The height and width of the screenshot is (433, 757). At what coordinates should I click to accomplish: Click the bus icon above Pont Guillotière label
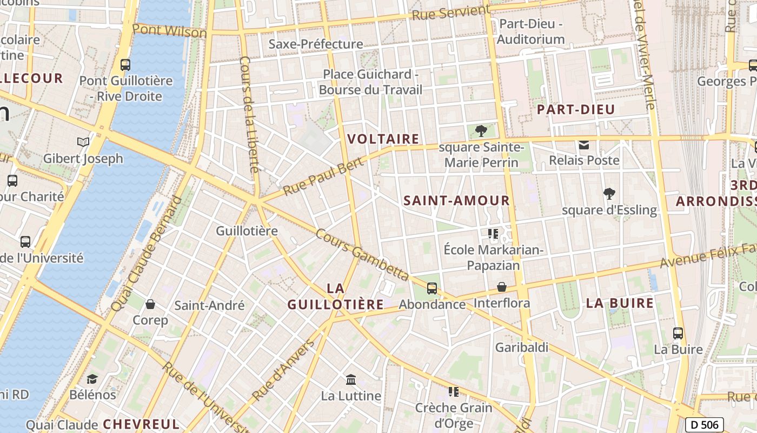click(x=125, y=65)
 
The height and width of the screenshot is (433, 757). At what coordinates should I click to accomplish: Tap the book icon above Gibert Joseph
click(x=83, y=142)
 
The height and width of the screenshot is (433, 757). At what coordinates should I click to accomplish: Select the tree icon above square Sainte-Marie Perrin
click(x=480, y=130)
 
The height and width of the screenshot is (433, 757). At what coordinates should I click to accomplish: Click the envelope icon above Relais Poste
click(x=584, y=145)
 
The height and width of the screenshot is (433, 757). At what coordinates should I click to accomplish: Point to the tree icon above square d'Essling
click(x=609, y=194)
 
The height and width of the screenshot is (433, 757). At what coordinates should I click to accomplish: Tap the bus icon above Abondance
click(x=432, y=288)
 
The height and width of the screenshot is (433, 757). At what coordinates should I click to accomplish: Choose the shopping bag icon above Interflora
click(x=502, y=287)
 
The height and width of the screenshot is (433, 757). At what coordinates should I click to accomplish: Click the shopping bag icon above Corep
click(x=150, y=304)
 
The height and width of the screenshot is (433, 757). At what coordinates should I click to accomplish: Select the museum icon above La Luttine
click(x=351, y=379)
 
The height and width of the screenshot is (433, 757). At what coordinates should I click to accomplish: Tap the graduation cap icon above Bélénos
click(x=92, y=378)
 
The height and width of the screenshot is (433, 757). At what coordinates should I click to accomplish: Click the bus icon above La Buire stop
click(x=678, y=333)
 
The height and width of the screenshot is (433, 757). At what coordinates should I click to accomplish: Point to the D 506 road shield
click(x=704, y=425)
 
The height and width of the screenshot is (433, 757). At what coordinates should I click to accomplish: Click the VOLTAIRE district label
click(x=383, y=139)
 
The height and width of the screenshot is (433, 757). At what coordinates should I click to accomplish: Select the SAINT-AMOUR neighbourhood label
click(x=457, y=201)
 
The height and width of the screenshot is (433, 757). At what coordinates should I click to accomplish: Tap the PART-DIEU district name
click(x=576, y=110)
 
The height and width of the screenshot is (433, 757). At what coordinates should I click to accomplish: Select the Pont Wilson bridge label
click(x=169, y=31)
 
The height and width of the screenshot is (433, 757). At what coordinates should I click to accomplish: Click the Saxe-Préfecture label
click(x=316, y=44)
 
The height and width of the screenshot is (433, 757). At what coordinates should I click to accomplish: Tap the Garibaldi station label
click(x=522, y=347)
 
